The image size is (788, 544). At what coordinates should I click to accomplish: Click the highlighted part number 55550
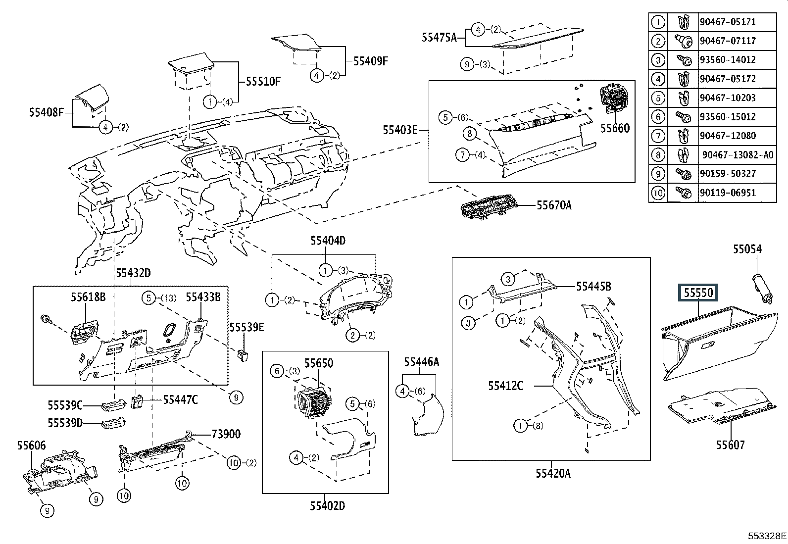698,293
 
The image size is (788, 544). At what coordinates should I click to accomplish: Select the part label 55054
747,249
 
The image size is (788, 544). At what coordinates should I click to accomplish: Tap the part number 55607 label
730,445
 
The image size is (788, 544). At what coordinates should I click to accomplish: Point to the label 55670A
554,205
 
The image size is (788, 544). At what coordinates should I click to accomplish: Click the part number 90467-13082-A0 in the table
737,155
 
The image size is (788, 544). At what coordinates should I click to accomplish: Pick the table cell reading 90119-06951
728,193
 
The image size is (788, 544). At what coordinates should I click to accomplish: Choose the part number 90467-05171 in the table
728,22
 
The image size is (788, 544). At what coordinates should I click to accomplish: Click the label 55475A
439,37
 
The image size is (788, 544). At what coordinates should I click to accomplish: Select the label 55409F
371,61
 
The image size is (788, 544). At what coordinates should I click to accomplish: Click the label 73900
226,434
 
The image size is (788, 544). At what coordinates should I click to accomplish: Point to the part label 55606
31,445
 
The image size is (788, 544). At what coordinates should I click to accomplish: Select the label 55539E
246,327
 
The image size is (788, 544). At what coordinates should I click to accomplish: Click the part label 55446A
421,362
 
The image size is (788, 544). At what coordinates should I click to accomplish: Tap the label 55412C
505,386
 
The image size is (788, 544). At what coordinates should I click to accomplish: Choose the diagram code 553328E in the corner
767,536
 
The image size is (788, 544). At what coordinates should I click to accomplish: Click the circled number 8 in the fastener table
657,155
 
